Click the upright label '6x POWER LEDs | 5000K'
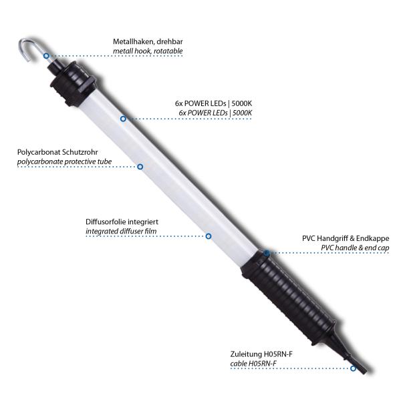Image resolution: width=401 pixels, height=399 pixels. tap(209, 104)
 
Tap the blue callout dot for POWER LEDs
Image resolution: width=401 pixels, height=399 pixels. tap(124, 119)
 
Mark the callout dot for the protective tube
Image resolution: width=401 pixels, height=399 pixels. tap(140, 166)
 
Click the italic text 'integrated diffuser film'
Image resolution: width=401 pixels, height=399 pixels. tap(122, 232)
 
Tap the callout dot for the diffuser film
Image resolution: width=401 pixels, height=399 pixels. tap(209, 236)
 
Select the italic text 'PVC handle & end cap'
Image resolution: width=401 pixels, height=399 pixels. tap(354, 248)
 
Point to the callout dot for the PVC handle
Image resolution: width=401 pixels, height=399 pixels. tap(266, 253)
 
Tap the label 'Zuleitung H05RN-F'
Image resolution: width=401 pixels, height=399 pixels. tap(263, 354)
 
